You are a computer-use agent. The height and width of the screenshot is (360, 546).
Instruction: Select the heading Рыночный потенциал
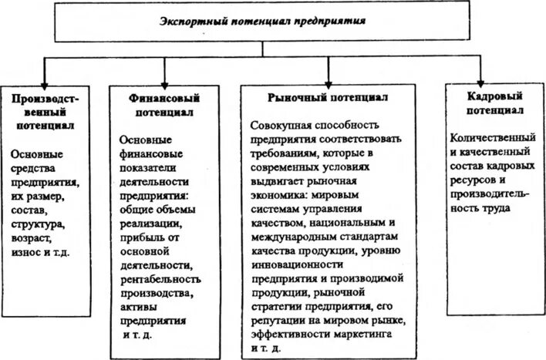click(328, 98)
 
